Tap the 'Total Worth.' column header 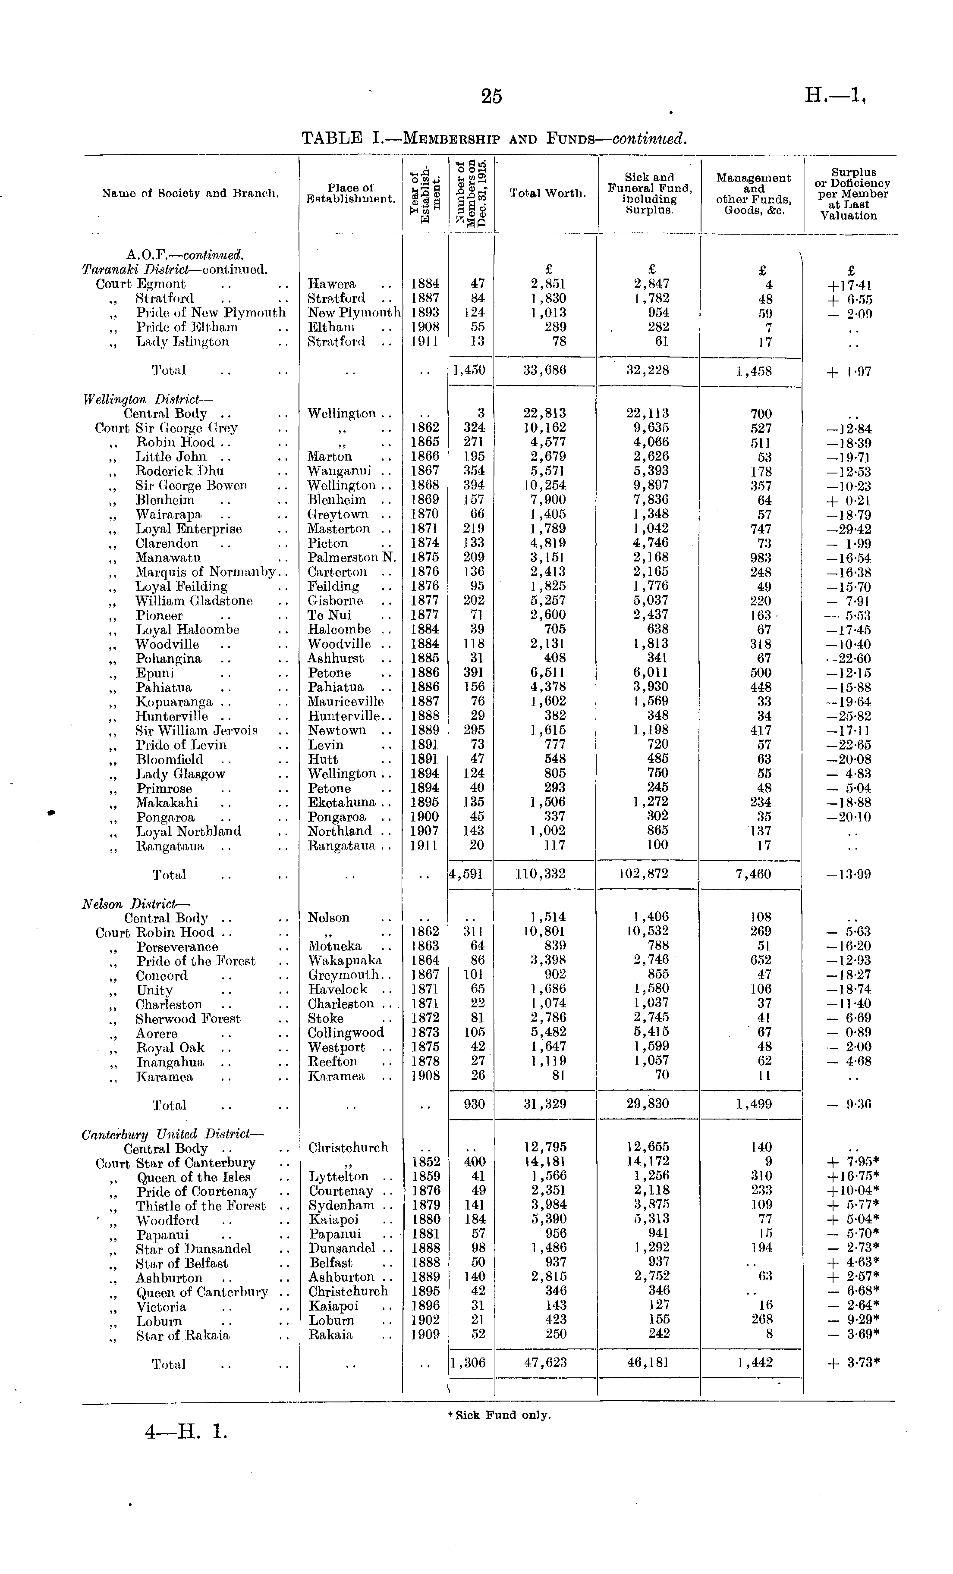[547, 193]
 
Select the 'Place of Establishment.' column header [350, 193]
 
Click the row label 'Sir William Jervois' [196, 730]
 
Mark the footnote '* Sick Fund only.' [499, 1415]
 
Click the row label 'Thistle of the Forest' [201, 1205]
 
